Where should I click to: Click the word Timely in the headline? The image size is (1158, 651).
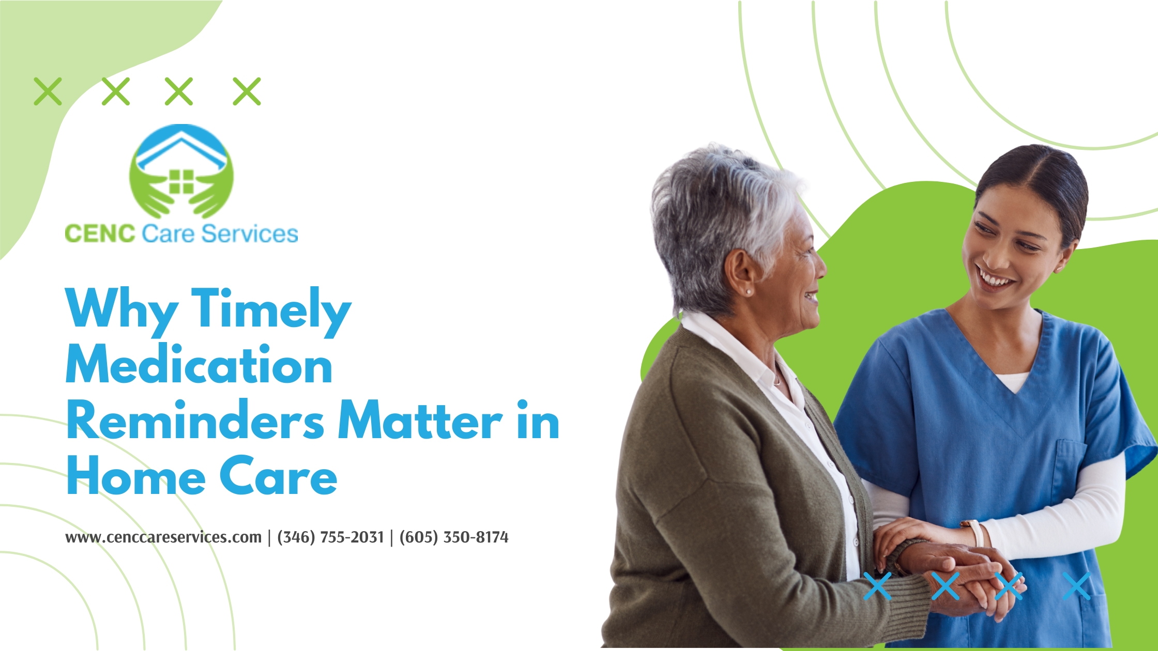271,311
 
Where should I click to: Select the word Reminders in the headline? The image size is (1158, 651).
195,420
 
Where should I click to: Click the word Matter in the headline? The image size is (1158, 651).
420,420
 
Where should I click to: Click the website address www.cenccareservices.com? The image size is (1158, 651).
163,537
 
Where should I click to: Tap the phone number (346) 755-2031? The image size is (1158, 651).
331,537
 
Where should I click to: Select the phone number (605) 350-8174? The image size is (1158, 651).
454,537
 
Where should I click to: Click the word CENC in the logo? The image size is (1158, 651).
100,234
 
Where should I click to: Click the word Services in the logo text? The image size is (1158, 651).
250,234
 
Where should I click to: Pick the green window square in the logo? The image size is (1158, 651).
181,182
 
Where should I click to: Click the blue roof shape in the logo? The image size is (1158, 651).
181,148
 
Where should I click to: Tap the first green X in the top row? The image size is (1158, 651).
48,91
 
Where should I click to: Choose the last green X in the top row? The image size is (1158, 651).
247,91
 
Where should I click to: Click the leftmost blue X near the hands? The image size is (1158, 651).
877,586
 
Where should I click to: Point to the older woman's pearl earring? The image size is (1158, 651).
748,292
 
